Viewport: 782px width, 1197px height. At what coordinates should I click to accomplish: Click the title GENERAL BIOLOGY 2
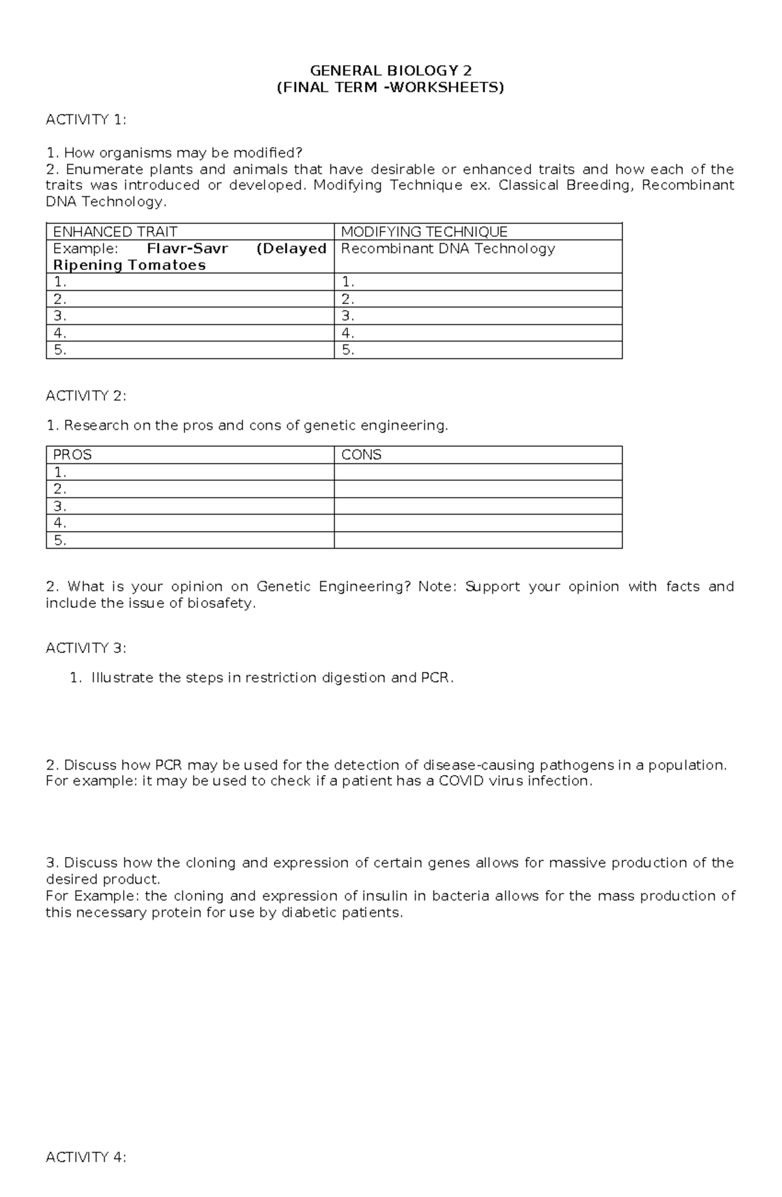[x=390, y=70]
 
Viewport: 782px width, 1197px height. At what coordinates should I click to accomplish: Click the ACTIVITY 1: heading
[x=86, y=119]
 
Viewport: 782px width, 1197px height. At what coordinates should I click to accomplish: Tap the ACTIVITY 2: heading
[x=86, y=396]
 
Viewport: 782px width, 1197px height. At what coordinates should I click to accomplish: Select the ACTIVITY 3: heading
[x=86, y=648]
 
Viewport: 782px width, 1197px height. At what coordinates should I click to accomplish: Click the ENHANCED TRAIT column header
[x=115, y=232]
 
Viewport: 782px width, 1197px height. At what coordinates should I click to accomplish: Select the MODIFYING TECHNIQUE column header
[x=424, y=232]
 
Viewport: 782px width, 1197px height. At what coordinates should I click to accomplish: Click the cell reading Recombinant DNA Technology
[x=448, y=249]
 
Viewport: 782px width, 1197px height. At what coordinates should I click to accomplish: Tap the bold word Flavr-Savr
[x=188, y=249]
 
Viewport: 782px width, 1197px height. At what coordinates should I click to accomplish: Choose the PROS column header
[x=72, y=455]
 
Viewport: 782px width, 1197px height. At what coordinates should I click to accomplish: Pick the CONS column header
[x=361, y=455]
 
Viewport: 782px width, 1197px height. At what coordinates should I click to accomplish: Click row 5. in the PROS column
[x=60, y=540]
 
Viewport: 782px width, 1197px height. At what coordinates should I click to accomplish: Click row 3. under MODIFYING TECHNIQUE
[x=348, y=316]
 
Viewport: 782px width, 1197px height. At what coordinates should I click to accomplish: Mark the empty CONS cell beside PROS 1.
[x=478, y=472]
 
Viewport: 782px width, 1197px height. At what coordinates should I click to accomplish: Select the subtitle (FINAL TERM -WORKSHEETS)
[x=390, y=87]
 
